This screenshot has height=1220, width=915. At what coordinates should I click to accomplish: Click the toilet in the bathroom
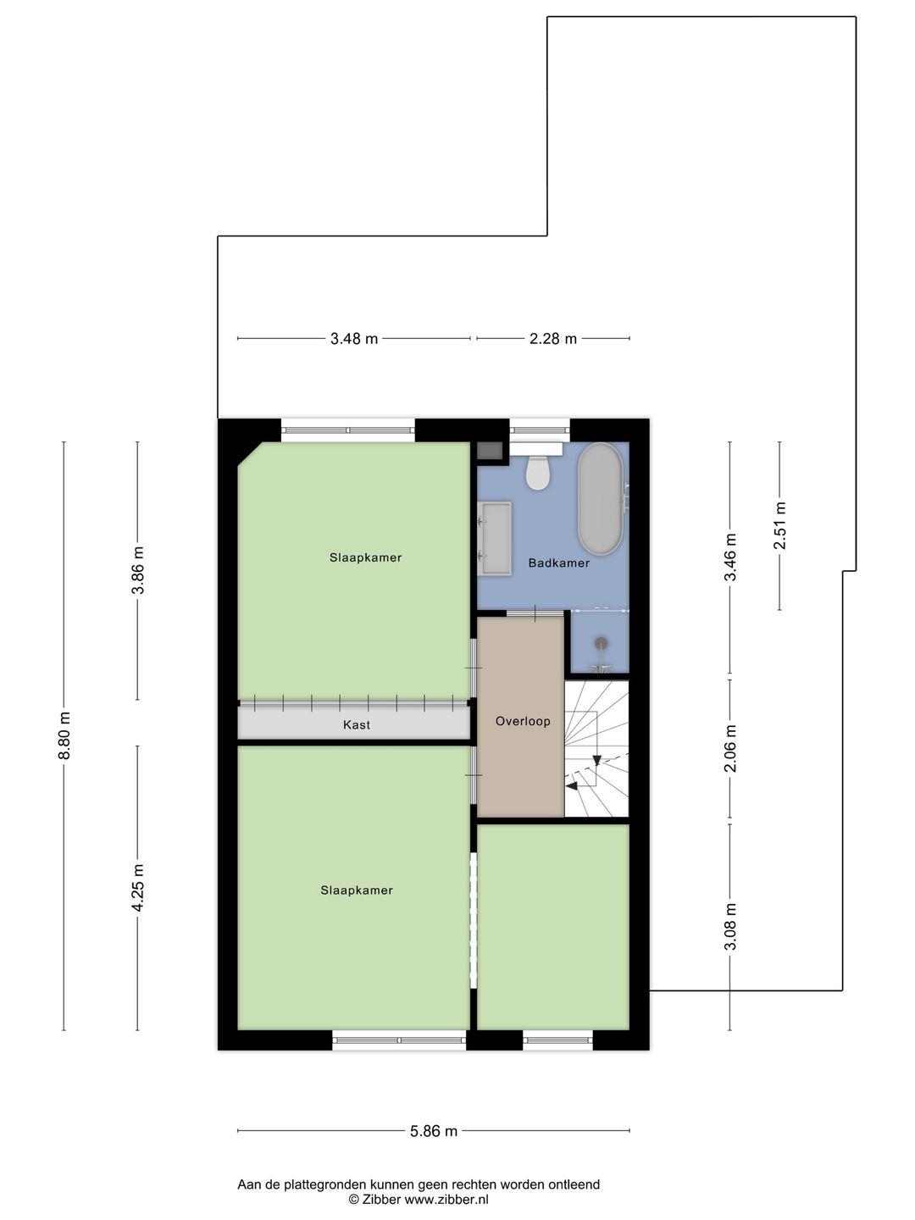click(x=538, y=473)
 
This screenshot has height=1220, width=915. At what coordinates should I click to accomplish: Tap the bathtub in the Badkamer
click(x=600, y=498)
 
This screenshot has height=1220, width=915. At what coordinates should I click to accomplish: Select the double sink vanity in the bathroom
click(x=496, y=538)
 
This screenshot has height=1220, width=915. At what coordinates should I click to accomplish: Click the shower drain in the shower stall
click(x=601, y=644)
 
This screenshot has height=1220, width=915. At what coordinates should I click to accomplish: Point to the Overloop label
click(x=523, y=722)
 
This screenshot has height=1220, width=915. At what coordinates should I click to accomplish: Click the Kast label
click(x=357, y=725)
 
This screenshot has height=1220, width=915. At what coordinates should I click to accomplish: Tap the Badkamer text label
click(x=559, y=563)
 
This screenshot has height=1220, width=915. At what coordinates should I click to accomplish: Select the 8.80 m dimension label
click(x=64, y=736)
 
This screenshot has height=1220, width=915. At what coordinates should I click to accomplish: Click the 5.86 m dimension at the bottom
click(x=434, y=1131)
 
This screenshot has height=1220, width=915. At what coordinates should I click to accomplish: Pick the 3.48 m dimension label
click(x=354, y=339)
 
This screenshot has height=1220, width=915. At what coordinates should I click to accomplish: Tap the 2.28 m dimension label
click(x=553, y=339)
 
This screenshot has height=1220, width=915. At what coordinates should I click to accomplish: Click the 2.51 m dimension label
click(x=780, y=525)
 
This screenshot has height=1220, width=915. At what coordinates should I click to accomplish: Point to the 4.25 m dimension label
click(x=138, y=887)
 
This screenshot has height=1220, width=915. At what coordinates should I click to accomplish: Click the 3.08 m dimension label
click(x=730, y=926)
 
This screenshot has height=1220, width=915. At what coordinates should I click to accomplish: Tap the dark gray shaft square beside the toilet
click(x=490, y=451)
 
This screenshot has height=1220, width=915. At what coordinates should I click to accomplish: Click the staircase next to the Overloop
click(x=597, y=749)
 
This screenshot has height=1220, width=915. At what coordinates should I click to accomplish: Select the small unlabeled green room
click(x=553, y=926)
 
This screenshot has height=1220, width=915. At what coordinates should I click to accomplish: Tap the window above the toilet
click(x=539, y=430)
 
